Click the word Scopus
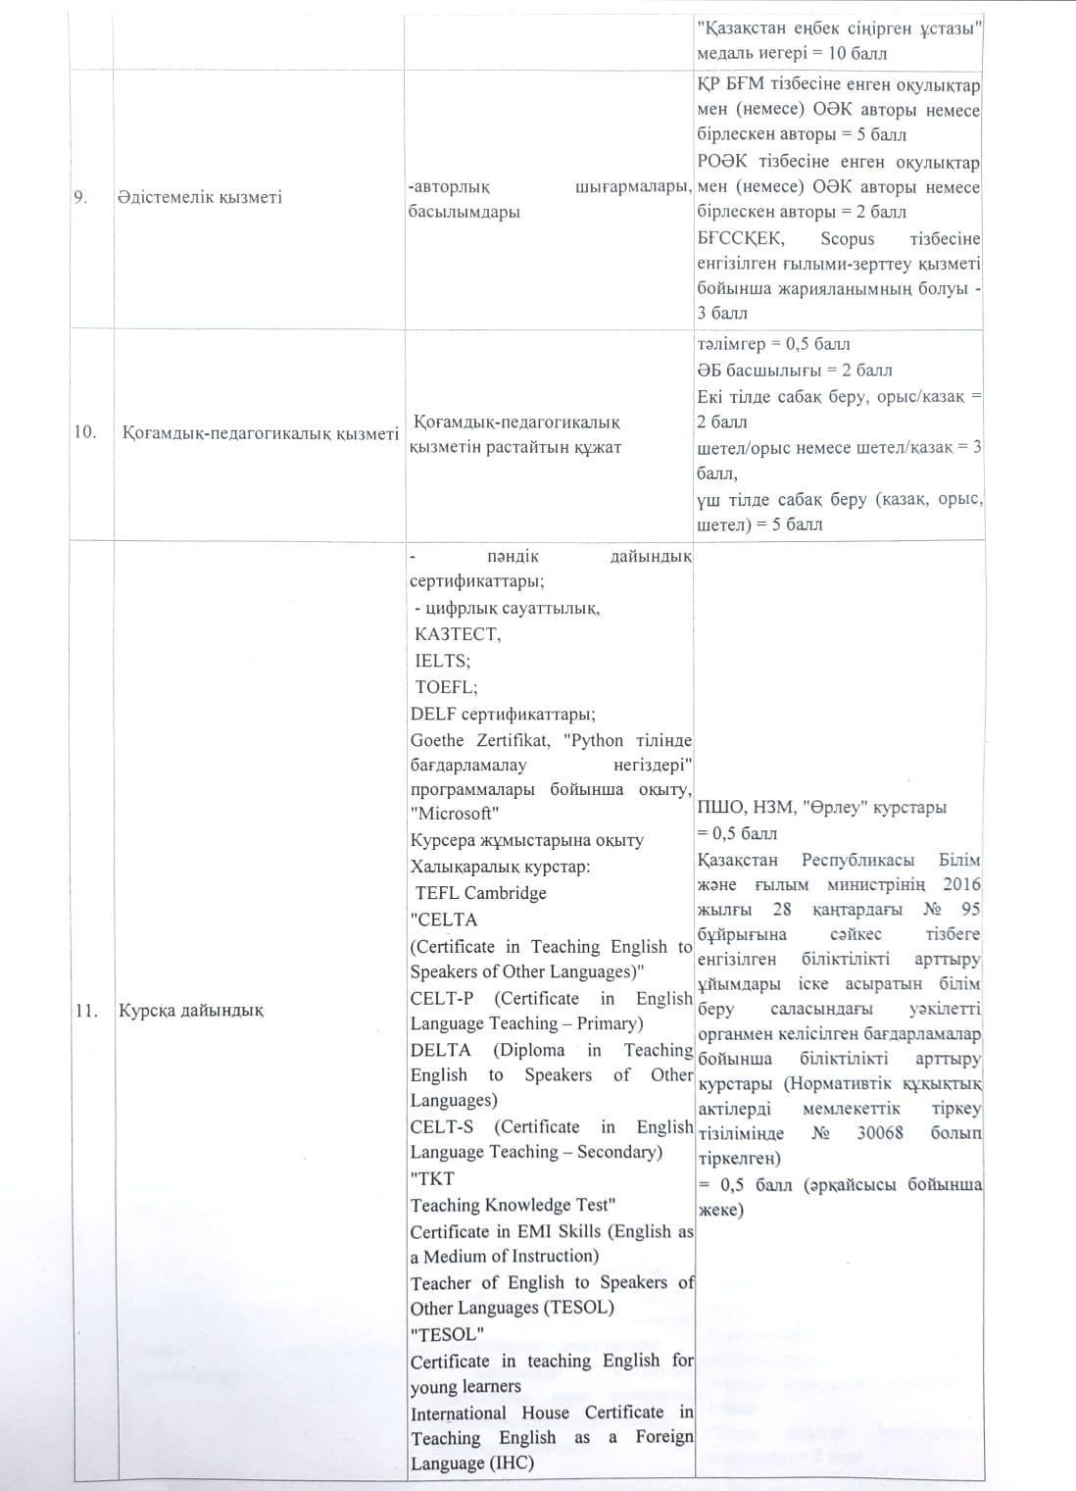[848, 239]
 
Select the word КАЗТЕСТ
[458, 634]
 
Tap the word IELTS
[442, 661]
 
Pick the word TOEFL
[446, 687]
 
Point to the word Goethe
[438, 740]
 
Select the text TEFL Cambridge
[480, 893]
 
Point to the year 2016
[961, 884]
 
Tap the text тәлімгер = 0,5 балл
[773, 344]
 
